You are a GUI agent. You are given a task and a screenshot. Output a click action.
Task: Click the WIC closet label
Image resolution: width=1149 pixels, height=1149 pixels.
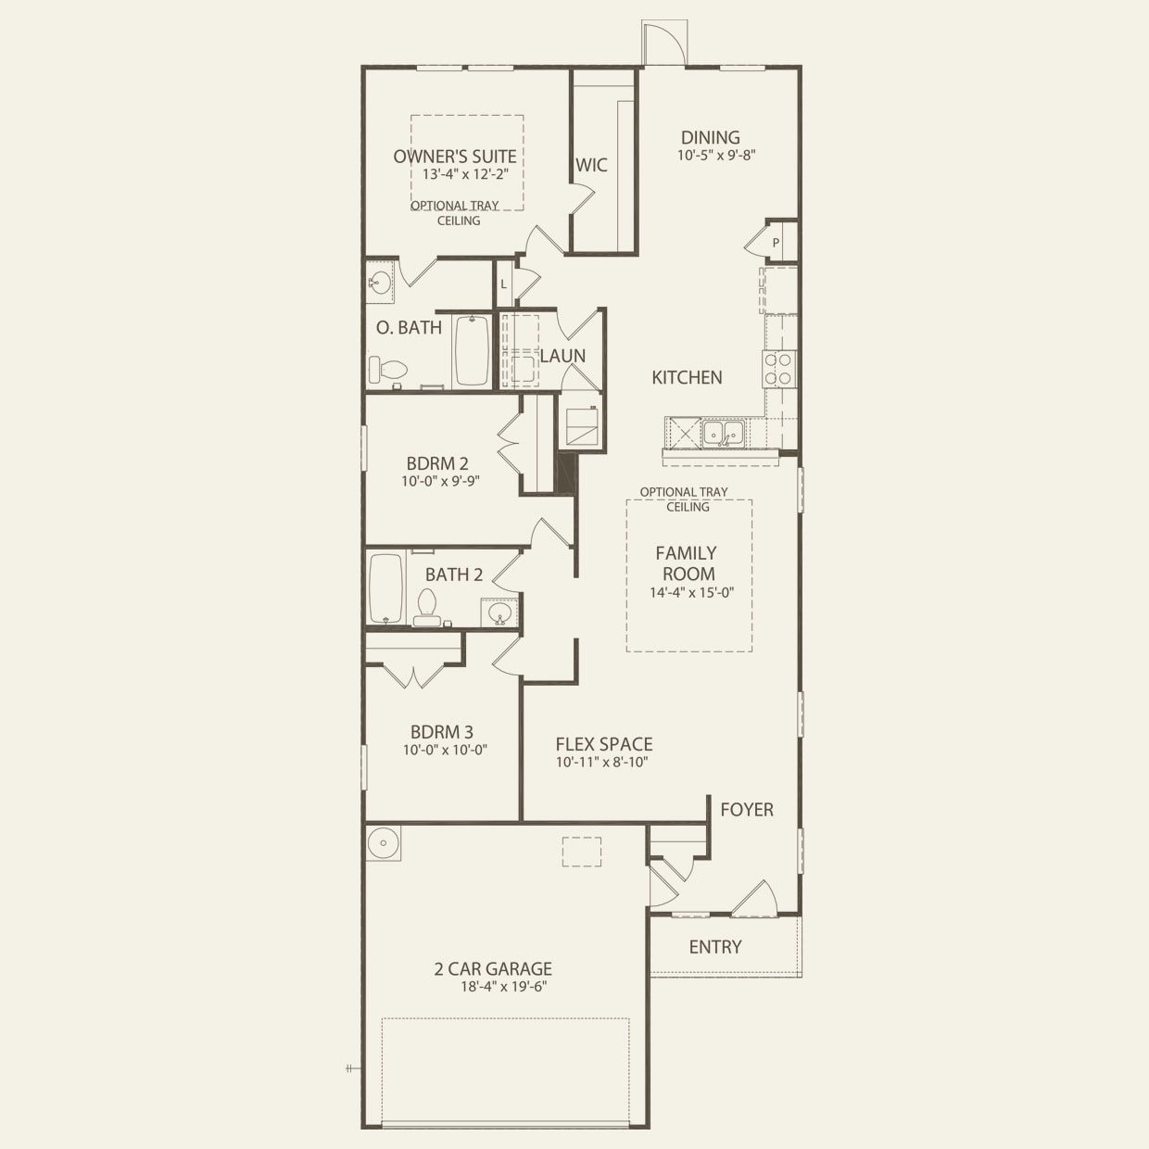(x=591, y=165)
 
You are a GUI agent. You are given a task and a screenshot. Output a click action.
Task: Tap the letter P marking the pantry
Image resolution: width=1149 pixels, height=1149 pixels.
(x=776, y=243)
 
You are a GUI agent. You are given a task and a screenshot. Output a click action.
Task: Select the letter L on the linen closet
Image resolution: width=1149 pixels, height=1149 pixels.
(x=503, y=284)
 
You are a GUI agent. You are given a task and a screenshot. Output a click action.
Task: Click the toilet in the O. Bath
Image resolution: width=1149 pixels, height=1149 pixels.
(x=387, y=370)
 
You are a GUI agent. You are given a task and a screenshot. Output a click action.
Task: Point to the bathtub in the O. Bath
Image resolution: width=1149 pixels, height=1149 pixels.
(x=473, y=350)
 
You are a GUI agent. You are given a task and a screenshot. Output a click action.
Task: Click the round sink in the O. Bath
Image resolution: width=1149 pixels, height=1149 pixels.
(x=379, y=281)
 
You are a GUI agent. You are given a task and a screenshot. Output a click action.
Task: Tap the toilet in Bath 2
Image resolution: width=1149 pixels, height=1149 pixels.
(x=426, y=607)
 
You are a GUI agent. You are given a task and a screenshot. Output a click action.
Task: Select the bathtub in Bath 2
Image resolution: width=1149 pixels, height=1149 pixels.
(x=386, y=588)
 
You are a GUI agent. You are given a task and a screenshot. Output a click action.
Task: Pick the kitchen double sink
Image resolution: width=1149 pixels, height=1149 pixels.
(x=723, y=433)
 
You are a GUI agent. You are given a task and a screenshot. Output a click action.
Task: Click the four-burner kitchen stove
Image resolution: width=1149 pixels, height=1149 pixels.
(x=779, y=369)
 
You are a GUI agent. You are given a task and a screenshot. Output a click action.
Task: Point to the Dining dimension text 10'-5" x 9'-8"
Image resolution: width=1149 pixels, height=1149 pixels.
(x=716, y=156)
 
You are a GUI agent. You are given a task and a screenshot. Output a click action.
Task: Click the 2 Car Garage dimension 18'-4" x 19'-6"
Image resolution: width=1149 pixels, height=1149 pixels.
(x=504, y=987)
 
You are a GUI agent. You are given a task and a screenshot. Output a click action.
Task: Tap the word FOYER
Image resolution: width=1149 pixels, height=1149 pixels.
(x=747, y=810)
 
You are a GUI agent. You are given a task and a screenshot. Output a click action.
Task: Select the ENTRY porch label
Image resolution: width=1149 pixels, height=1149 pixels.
(x=715, y=947)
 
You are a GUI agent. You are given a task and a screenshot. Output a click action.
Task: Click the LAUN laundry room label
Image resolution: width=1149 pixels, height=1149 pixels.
(x=562, y=356)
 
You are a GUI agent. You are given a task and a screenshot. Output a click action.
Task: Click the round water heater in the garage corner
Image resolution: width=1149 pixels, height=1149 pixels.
(x=383, y=843)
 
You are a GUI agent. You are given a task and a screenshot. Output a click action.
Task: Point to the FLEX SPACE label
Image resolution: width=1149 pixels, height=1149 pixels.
(x=604, y=744)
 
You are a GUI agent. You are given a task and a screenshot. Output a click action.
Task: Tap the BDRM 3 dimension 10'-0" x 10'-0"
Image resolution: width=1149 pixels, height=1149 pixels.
(x=446, y=750)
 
